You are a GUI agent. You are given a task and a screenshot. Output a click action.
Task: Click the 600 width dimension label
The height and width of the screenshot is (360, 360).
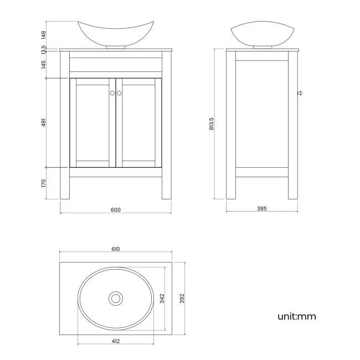click(115, 209)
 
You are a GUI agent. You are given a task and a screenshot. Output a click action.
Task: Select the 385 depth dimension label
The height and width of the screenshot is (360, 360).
click(262, 209)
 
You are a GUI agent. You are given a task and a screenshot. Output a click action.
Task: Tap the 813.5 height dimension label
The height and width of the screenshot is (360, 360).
click(211, 124)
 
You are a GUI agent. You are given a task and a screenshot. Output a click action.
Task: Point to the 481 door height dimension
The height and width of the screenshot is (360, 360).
click(43, 122)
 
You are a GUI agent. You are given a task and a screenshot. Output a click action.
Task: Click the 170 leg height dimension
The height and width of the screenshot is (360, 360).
click(43, 183)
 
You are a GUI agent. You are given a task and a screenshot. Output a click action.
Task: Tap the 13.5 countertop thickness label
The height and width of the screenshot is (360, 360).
click(43, 50)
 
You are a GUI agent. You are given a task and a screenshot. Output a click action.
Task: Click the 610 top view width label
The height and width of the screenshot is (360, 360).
click(115, 249)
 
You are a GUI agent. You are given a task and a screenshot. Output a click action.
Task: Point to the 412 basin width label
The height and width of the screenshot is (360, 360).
click(115, 341)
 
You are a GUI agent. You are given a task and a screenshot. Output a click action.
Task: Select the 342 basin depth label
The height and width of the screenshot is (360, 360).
click(162, 299)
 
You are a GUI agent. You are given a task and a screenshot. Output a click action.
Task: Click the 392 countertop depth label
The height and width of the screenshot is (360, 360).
click(181, 299)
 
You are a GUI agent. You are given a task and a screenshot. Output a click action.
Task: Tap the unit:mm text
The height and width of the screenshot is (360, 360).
click(297, 317)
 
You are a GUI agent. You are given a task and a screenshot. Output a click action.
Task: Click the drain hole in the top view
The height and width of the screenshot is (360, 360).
click(115, 299)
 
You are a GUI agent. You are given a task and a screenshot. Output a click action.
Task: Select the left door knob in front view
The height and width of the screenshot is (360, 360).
click(112, 93)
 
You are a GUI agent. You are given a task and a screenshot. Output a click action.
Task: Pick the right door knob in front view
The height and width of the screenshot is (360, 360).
click(119, 93)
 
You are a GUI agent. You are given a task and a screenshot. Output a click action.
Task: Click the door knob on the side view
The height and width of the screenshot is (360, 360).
click(301, 92)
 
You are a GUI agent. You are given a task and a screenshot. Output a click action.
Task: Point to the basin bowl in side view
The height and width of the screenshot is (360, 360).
click(262, 34)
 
